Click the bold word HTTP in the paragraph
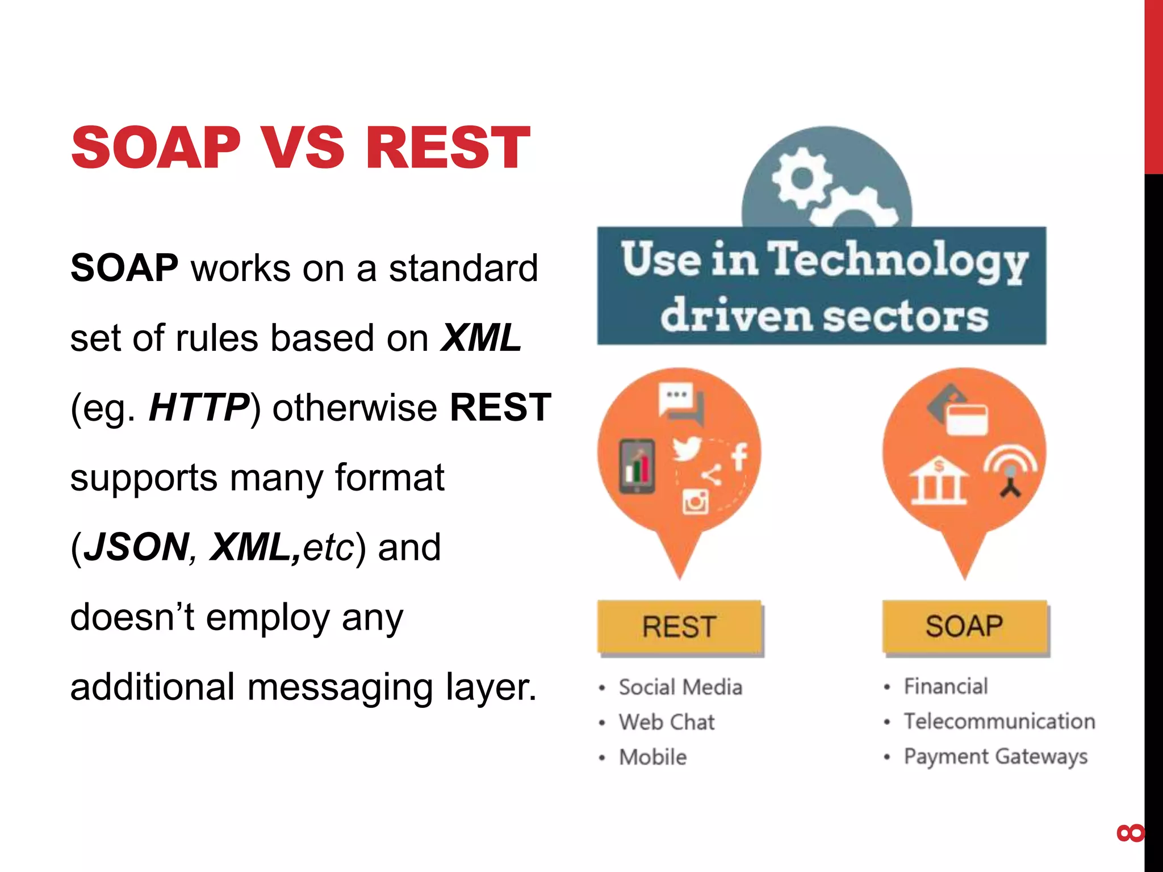[x=199, y=408]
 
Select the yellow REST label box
[x=679, y=627]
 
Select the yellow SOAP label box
[x=964, y=626]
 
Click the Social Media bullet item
[x=680, y=687]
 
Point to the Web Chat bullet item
[x=667, y=722]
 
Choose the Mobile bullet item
[x=653, y=757]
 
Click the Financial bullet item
[x=946, y=686]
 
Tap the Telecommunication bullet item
[x=999, y=721]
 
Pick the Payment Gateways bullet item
[x=995, y=756]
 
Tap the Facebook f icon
[x=739, y=456]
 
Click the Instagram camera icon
[x=695, y=501]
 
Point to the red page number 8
[x=1130, y=833]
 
